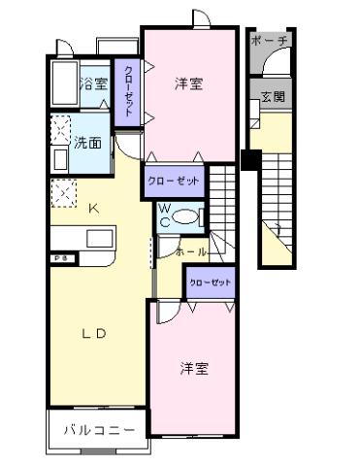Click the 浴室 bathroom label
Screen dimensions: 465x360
94,83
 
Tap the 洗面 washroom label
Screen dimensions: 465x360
88,143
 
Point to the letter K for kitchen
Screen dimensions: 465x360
94,208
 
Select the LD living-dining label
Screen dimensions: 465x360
93,333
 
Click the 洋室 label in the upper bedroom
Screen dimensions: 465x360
188,83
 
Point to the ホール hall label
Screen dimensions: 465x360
189,251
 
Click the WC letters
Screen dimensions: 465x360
165,215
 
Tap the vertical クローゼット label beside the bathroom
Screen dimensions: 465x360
128,91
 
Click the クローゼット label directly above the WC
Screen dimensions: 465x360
174,181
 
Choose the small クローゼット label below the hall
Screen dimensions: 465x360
211,282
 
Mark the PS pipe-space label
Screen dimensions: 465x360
59,258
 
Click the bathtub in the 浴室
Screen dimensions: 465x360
63,86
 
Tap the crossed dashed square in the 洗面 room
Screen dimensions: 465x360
61,127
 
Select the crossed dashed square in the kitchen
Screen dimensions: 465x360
65,193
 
